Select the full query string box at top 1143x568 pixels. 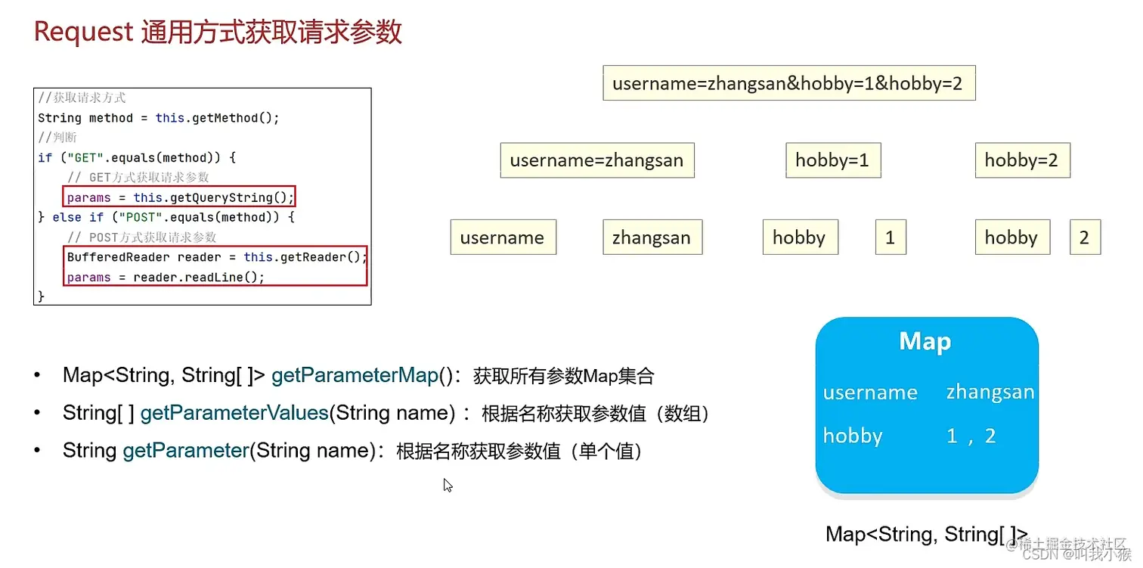coord(788,83)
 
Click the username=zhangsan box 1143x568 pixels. coord(596,160)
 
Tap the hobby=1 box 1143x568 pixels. coord(832,160)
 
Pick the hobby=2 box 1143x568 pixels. coord(1021,160)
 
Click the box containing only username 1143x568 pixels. coord(503,237)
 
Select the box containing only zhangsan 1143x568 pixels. coord(652,237)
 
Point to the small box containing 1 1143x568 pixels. coord(890,237)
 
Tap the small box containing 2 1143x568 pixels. coord(1084,237)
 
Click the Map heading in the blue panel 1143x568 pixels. coord(925,342)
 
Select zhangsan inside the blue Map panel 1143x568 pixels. coord(990,393)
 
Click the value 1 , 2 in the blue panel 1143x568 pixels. coord(971,436)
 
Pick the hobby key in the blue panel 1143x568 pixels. coord(853,436)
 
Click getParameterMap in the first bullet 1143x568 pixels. coord(355,375)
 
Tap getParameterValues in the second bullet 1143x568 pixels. coord(234,413)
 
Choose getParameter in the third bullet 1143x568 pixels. coord(186,451)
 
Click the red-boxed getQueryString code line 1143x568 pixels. coord(179,197)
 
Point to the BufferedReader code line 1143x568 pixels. coord(216,257)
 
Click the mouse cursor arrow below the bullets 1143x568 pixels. coord(448,485)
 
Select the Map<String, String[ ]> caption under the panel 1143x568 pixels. coord(926,534)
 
